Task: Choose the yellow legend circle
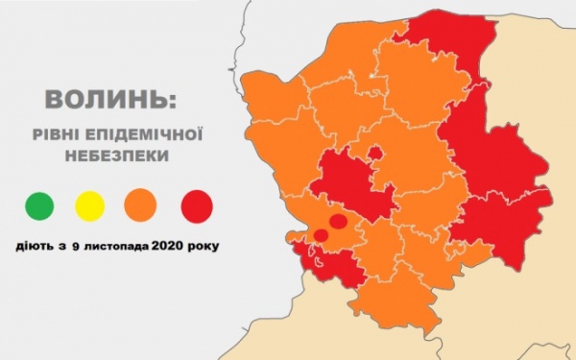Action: pyautogui.click(x=90, y=204)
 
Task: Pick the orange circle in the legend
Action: pyautogui.click(x=141, y=204)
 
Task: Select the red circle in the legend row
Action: pyautogui.click(x=197, y=204)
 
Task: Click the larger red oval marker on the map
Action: pyautogui.click(x=337, y=222)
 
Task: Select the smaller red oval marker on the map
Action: pyautogui.click(x=321, y=234)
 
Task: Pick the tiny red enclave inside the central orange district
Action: pyautogui.click(x=375, y=152)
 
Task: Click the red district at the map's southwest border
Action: pyautogui.click(x=331, y=263)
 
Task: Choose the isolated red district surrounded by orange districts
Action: pyautogui.click(x=350, y=184)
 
